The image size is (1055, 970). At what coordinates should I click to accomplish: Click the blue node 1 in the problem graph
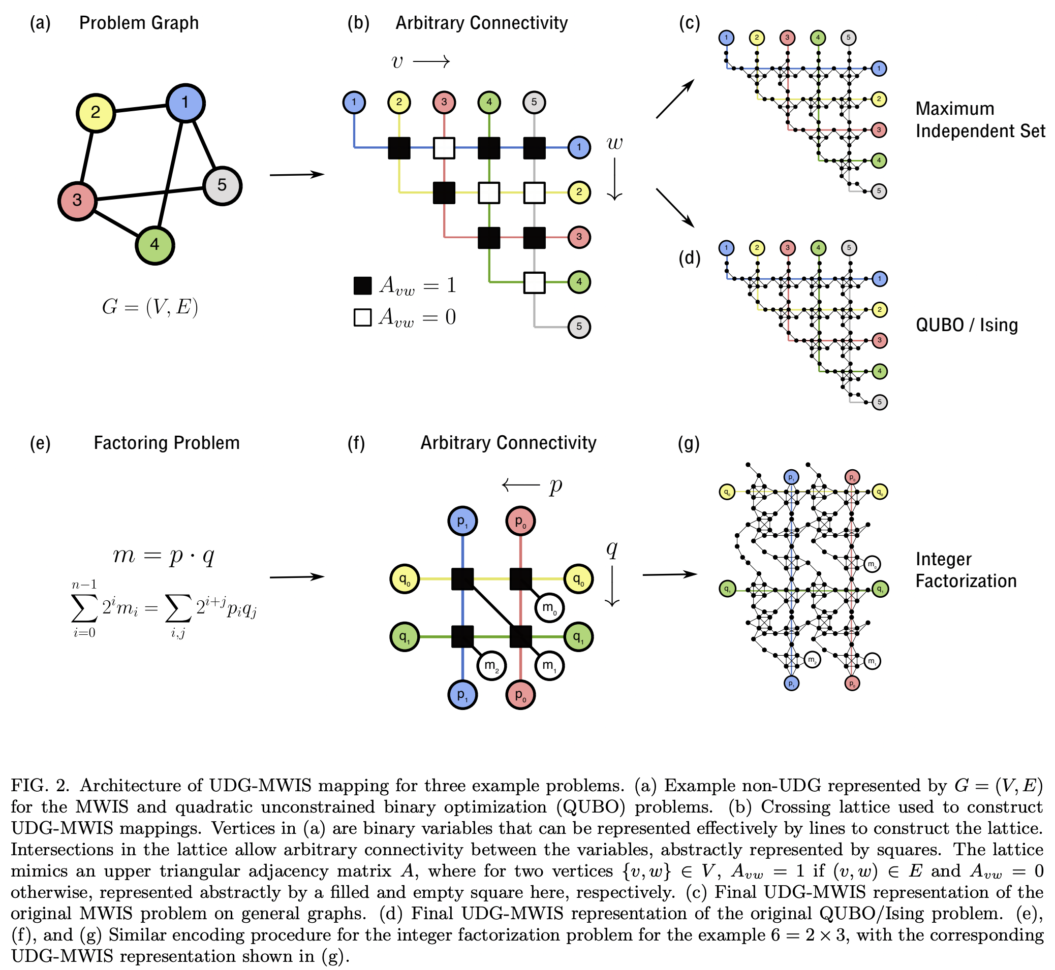pos(185,103)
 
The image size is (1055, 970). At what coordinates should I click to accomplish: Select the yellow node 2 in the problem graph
pos(96,112)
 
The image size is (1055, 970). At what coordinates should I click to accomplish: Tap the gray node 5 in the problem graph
pos(222,185)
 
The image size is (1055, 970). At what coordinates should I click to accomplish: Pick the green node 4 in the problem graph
pos(154,245)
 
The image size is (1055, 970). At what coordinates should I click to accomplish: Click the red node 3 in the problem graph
pos(77,201)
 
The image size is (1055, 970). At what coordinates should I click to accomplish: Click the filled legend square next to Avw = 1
pos(362,285)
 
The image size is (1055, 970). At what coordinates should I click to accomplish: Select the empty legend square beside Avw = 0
pos(362,317)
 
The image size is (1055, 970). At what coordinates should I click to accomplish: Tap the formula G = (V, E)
pos(150,307)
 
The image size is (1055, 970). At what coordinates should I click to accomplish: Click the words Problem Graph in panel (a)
pos(139,23)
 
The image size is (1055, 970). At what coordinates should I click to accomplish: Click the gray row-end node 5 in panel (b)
pos(579,327)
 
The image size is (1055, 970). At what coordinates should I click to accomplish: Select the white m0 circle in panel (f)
pos(549,608)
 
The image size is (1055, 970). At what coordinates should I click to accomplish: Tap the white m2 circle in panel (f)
pos(491,666)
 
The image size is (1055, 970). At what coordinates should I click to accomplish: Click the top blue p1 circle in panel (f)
pos(462,521)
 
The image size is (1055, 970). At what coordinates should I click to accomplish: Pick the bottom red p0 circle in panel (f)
pos(520,695)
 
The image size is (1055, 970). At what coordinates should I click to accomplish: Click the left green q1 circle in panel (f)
pos(405,637)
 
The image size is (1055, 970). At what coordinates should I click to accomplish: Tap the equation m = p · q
pos(164,555)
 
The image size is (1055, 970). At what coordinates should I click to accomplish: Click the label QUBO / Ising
pos(966,325)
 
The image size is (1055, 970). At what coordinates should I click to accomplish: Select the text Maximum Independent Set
pos(979,120)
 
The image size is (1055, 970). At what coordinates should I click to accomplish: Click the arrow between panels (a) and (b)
pos(297,175)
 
